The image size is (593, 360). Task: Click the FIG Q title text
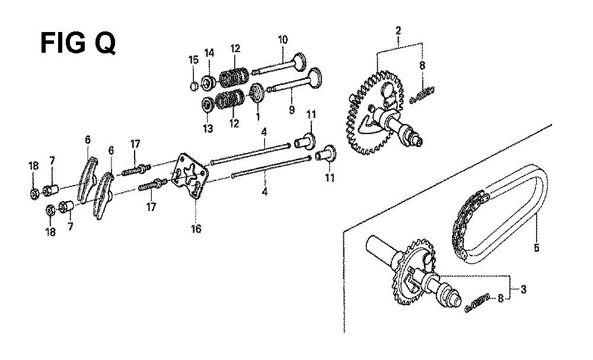[x=78, y=43]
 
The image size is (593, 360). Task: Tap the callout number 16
[x=196, y=229]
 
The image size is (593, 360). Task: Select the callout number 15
[x=193, y=60]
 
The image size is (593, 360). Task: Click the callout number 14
[x=209, y=53]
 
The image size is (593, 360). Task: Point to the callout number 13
[x=208, y=129]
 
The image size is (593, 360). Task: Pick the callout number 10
[x=282, y=39]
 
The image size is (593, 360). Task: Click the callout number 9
[x=291, y=110]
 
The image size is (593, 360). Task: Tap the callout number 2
[x=398, y=31]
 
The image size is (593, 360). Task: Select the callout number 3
[x=523, y=289]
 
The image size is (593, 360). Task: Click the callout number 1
[x=258, y=117]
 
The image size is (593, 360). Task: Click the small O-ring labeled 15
[x=193, y=86]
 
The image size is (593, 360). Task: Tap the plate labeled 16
[x=190, y=175]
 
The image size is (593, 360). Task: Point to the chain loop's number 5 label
[x=536, y=248]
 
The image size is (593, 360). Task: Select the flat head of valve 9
[x=315, y=77]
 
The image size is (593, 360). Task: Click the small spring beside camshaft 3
[x=477, y=303]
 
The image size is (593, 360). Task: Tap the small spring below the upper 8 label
[x=422, y=94]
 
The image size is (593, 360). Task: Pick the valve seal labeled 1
[x=256, y=93]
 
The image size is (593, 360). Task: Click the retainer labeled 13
[x=207, y=104]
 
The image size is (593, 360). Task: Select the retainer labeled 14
[x=208, y=83]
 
